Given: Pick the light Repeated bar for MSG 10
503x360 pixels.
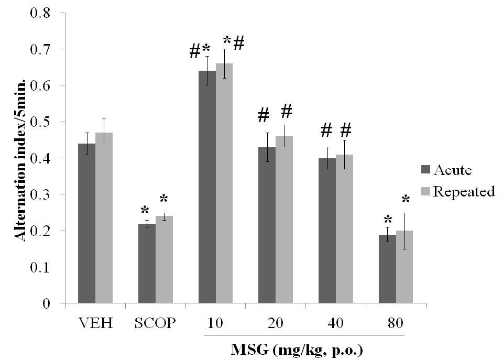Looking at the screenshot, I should (224, 183).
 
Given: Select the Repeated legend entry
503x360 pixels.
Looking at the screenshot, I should (458, 191).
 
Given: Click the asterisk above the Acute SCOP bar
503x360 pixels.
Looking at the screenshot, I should (145, 211).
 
